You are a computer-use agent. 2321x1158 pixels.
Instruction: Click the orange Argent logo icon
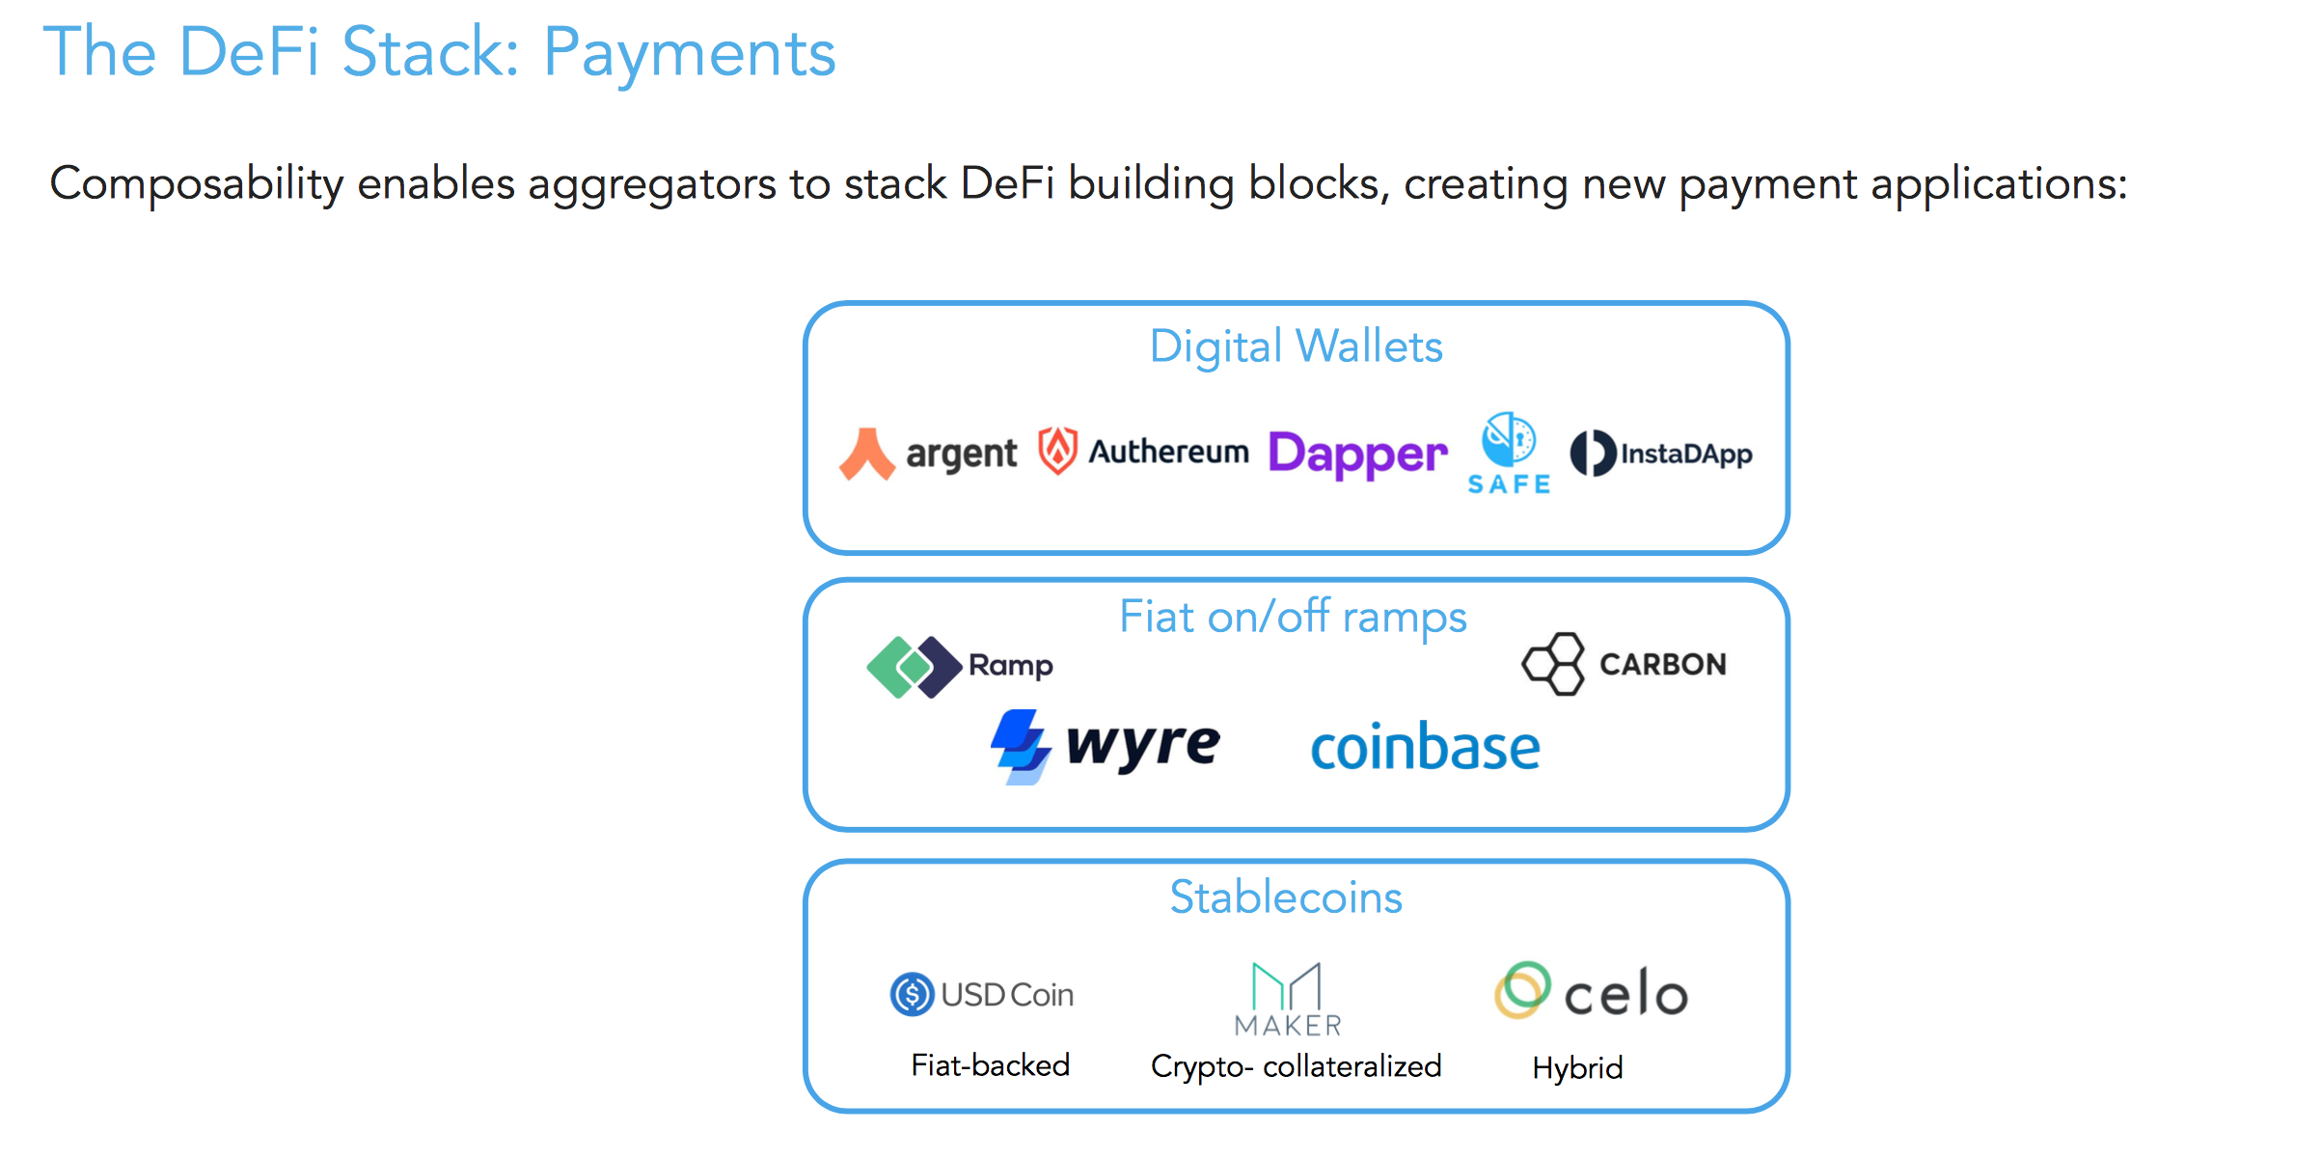point(866,454)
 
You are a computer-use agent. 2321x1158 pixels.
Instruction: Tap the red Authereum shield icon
point(1057,451)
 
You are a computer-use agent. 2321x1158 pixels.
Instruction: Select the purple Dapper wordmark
point(1357,454)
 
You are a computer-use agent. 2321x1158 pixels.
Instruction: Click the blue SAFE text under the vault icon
point(1509,484)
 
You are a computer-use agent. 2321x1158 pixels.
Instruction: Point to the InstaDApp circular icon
point(1592,454)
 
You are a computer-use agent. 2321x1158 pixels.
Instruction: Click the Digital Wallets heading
point(1296,346)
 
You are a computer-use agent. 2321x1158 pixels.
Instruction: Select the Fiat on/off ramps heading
point(1293,617)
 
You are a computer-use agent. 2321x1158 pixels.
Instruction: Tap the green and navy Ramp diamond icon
point(913,666)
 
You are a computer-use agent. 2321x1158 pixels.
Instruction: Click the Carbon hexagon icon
point(1553,664)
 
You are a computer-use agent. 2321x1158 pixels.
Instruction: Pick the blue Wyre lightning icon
point(1021,746)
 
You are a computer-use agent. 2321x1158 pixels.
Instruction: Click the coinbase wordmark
point(1425,748)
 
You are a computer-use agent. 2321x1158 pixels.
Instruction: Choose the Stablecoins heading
point(1286,897)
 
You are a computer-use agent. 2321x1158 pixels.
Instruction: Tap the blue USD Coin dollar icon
point(912,994)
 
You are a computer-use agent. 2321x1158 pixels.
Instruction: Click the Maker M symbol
point(1286,986)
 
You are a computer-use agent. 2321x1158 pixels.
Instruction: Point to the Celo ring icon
point(1522,990)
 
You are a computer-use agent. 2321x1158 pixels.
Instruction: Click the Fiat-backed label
point(991,1065)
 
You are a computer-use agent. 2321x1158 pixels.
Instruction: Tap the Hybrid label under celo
point(1577,1068)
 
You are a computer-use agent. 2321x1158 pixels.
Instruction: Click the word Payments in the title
point(689,53)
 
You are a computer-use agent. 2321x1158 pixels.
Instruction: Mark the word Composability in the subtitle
point(197,183)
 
